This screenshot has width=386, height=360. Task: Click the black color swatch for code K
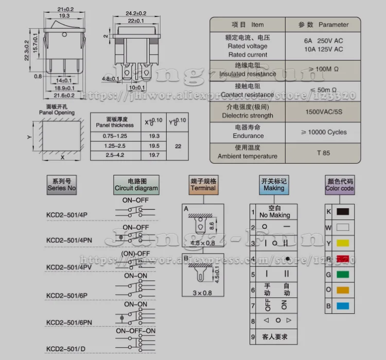pos(342,211)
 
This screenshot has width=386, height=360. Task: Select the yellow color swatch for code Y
pos(342,242)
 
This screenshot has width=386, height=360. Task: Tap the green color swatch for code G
pos(342,274)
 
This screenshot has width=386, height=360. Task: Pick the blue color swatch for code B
pos(342,306)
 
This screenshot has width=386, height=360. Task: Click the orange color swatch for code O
pos(342,290)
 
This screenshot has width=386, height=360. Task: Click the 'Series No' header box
pos(62,185)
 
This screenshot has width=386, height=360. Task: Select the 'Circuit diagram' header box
pos(136,185)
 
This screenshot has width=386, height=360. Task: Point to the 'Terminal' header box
pos(203,185)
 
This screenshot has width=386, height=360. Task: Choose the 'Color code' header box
pos(340,185)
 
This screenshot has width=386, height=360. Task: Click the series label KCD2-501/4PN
pos(69,240)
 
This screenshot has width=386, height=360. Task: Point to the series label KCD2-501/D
pos(66,349)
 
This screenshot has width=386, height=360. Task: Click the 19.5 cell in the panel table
pos(154,146)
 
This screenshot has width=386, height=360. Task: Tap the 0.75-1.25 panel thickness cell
pos(115,136)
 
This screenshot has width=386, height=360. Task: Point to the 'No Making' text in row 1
pos(274,215)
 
